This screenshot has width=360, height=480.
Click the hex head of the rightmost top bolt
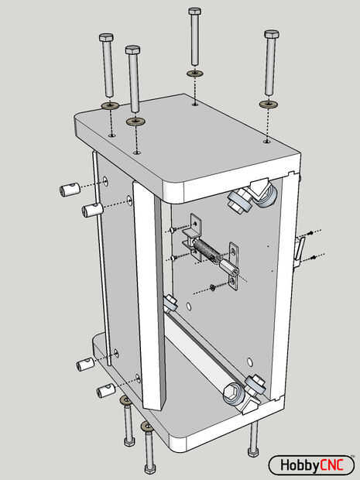tap(272, 34)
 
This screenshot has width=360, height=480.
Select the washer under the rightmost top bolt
tap(269, 104)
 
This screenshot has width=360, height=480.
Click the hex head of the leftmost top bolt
tap(106, 38)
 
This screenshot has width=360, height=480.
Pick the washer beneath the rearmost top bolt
tap(194, 74)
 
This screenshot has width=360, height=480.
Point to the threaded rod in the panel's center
tap(207, 249)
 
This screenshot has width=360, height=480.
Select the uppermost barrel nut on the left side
tap(70, 190)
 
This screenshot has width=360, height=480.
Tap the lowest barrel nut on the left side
tap(106, 391)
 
